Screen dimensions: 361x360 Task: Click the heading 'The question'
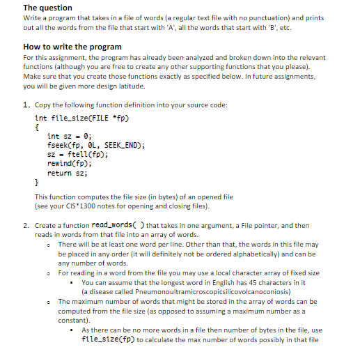pos(46,8)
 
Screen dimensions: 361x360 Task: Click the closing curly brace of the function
pos(36,181)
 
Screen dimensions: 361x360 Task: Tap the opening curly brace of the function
pos(36,127)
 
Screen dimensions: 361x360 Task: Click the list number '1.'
pos(26,105)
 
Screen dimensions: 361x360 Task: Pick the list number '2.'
pos(26,226)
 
